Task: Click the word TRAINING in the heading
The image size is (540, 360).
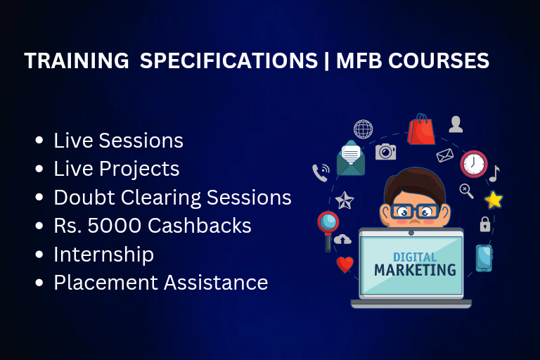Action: coord(77,60)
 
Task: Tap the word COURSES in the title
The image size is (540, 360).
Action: coord(439,60)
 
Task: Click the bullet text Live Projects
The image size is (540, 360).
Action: coord(117,169)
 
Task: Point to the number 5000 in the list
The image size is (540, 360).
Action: coord(115,226)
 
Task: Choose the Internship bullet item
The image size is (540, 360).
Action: coord(103,255)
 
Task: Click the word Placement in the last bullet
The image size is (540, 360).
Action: coord(105,283)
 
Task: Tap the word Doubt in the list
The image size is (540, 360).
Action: coord(84,198)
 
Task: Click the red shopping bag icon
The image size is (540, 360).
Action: coord(421,129)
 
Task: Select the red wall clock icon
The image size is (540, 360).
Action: coord(473,164)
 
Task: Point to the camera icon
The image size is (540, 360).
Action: coord(385,152)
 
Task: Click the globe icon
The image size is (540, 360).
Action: coord(363,129)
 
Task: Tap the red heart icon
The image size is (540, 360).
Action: coord(345,264)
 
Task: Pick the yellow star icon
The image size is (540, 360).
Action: coord(494,200)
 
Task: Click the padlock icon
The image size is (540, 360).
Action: coord(485,224)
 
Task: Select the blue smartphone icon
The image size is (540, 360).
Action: coord(484,258)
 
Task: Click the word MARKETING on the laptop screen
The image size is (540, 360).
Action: coord(415,270)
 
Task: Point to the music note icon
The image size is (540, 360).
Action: coord(494,174)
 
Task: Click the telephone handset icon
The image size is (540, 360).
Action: coord(321,173)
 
